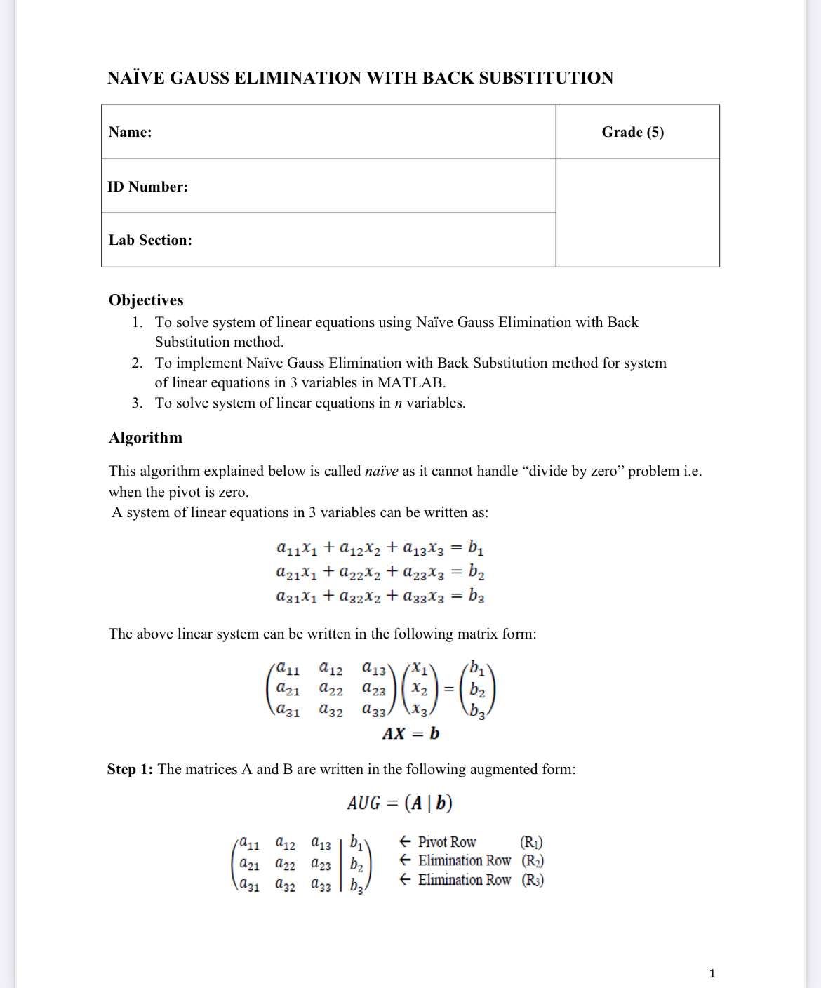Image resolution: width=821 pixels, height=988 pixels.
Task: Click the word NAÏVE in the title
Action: point(136,78)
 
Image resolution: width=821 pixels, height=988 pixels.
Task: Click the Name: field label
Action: point(131,132)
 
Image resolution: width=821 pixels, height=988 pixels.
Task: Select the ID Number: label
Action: point(147,187)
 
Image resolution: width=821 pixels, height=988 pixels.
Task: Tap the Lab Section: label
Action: point(150,240)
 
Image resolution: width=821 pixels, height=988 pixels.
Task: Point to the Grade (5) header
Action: point(632,132)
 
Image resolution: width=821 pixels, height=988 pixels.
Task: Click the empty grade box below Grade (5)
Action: point(637,213)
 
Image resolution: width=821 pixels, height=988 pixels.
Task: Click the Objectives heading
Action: point(146,300)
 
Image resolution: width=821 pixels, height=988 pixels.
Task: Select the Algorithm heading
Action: point(145,438)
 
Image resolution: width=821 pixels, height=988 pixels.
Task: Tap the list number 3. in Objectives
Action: point(137,403)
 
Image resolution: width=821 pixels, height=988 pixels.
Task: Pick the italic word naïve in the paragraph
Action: point(382,471)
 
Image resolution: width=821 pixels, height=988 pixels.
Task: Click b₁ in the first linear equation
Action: point(476,547)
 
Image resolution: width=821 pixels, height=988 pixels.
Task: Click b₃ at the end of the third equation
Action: point(476,596)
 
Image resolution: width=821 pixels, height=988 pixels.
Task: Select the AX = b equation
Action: point(410,734)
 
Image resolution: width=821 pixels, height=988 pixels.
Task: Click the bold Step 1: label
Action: point(130,769)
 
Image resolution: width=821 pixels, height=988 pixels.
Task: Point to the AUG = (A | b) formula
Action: point(399,803)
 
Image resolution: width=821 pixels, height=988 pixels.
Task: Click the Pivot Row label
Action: point(447,842)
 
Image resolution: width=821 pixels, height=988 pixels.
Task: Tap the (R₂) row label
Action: point(533,861)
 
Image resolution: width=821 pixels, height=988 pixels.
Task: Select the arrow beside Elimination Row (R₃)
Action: point(405,880)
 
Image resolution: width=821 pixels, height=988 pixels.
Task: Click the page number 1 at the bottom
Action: point(712,973)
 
